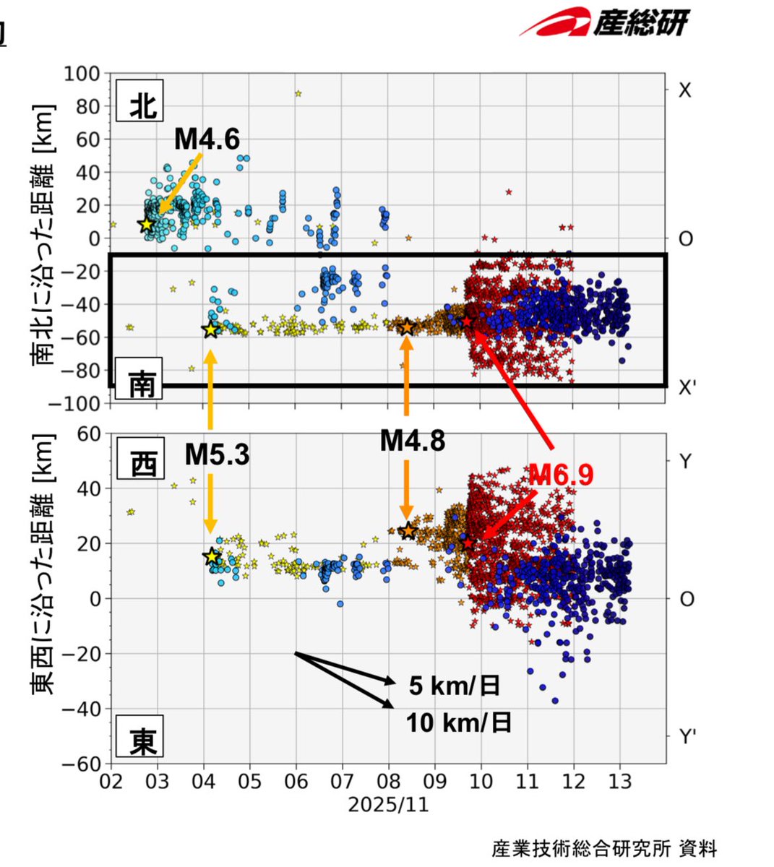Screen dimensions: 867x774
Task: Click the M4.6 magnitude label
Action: [x=207, y=139]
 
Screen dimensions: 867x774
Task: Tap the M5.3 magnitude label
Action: [x=217, y=454]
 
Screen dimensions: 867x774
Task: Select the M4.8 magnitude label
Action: [x=413, y=440]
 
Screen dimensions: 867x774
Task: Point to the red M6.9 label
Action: [x=561, y=474]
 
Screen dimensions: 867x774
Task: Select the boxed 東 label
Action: [x=142, y=741]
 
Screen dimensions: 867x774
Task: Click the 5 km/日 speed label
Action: [x=454, y=685]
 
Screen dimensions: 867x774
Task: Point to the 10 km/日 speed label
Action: [x=458, y=722]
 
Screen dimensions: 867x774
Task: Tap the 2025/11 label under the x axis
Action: [x=388, y=805]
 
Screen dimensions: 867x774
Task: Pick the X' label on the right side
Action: [x=687, y=387]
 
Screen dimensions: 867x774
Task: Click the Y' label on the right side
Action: [x=687, y=737]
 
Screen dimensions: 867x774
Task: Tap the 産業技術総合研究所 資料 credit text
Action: [x=604, y=847]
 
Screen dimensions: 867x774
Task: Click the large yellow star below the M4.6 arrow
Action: [x=147, y=225]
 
